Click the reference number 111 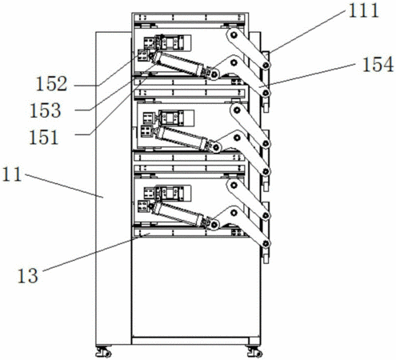pos(364,10)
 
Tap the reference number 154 pos(378,65)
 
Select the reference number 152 pos(51,84)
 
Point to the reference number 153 pos(46,110)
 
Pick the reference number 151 pos(44,137)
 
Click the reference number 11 pos(12,174)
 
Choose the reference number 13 pos(28,275)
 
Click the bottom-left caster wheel pos(103,352)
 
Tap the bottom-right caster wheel pos(254,352)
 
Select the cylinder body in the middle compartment pos(182,138)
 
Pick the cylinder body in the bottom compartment pos(178,214)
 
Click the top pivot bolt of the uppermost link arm pos(234,35)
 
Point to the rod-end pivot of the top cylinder pos(214,74)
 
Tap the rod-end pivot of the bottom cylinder pos(214,224)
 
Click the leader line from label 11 pos(64,186)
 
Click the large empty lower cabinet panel pos(195,287)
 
